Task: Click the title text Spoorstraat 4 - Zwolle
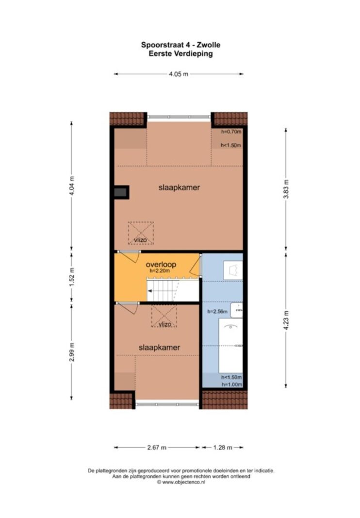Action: click(x=180, y=45)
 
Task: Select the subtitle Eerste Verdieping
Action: click(x=180, y=53)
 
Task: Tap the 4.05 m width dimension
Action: click(x=179, y=74)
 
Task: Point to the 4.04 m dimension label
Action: click(x=72, y=185)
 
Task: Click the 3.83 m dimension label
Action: click(x=286, y=189)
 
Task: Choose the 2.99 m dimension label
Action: click(x=72, y=352)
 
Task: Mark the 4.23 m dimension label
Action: click(x=286, y=321)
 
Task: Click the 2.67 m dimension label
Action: click(x=157, y=448)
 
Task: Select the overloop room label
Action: click(x=161, y=264)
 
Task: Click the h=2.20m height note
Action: click(x=160, y=270)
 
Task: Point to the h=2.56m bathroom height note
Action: click(x=217, y=311)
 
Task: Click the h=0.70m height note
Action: click(x=231, y=132)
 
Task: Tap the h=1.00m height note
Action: click(x=231, y=384)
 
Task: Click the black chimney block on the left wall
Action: click(x=121, y=192)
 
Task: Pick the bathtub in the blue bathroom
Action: click(x=230, y=346)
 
